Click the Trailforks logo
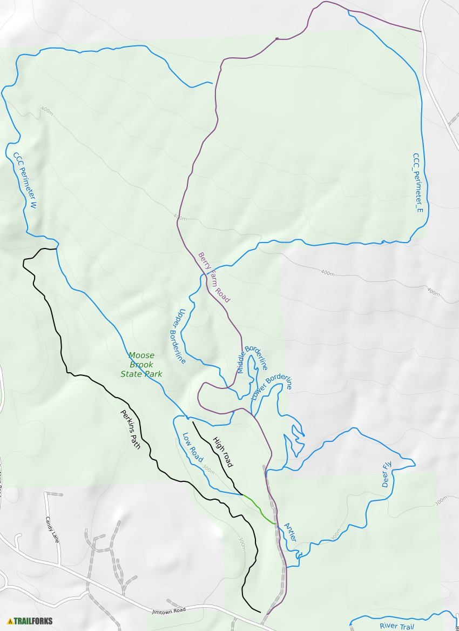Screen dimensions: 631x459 point(30,621)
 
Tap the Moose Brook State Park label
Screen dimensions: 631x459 point(141,365)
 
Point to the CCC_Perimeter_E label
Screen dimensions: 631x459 point(417,182)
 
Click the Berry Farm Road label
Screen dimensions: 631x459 point(214,277)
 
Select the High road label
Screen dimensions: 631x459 point(222,452)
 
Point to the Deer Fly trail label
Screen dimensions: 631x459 point(387,474)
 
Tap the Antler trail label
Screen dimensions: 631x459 point(290,533)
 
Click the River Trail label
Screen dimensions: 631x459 point(396,626)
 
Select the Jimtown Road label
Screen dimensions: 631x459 point(169,609)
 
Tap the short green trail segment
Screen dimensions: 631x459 point(260,509)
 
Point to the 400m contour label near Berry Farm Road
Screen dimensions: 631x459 point(180,217)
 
